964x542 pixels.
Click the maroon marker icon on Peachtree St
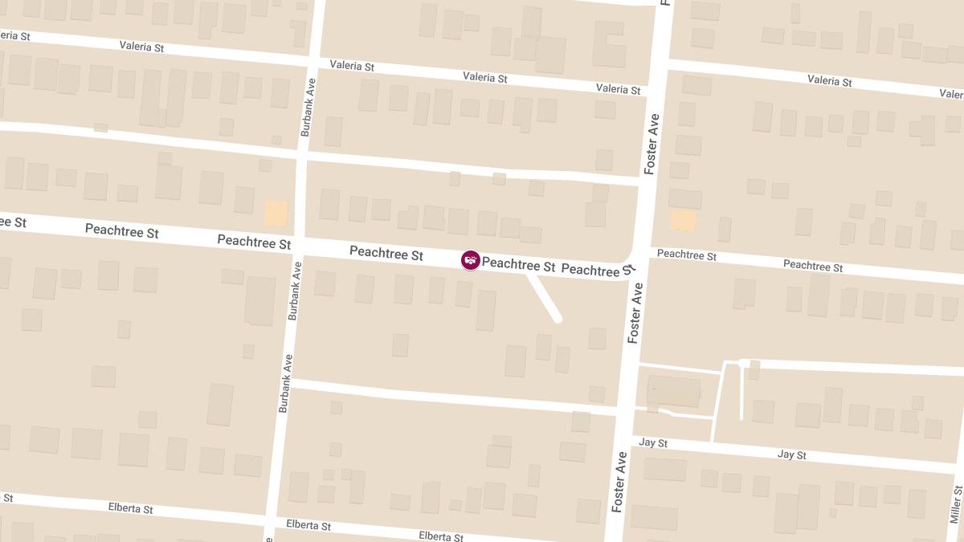point(471,259)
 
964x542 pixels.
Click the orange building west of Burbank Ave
point(276,213)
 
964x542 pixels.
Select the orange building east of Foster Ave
point(684,221)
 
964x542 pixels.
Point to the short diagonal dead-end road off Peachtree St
point(544,298)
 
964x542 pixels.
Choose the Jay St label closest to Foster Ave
point(653,442)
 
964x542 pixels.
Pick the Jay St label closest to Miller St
point(791,454)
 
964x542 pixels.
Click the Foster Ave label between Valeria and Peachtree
point(652,145)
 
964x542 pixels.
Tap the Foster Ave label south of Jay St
point(619,482)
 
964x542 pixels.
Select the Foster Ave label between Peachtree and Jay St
point(635,313)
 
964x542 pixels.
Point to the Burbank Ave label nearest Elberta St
point(284,384)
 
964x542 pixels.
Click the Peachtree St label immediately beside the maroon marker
point(518,264)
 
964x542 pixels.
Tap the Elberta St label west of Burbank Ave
point(130,508)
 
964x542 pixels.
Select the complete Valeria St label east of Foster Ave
point(829,80)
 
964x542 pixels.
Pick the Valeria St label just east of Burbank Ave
point(352,66)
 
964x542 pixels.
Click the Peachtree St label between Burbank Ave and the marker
point(386,254)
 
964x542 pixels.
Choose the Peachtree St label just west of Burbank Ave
point(254,241)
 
